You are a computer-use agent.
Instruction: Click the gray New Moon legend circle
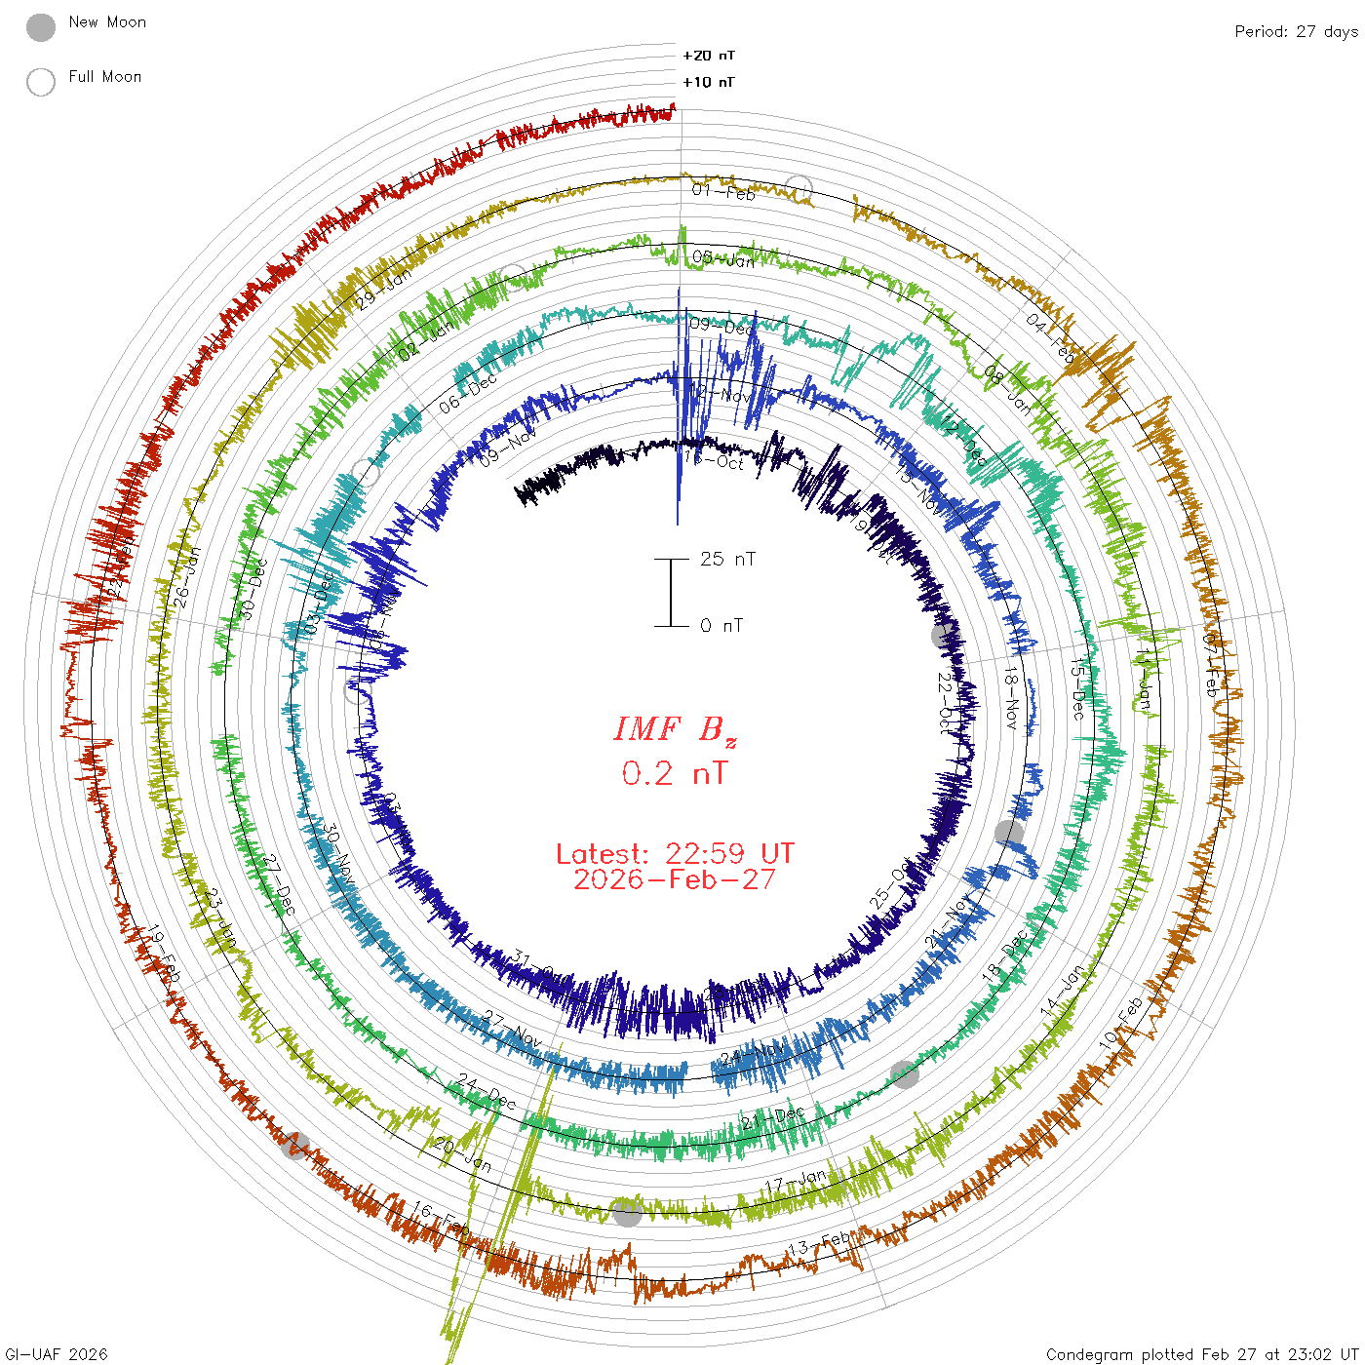(x=41, y=28)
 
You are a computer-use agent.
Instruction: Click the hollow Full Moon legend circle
(x=41, y=83)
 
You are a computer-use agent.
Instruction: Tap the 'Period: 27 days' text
(x=1296, y=32)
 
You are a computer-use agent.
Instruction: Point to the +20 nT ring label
(x=709, y=56)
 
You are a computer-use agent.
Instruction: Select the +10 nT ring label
(x=709, y=82)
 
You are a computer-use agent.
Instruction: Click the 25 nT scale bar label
(x=727, y=559)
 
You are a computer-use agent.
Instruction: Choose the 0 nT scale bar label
(x=721, y=626)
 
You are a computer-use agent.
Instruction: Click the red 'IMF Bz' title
(x=675, y=729)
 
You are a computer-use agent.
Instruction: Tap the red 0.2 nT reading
(x=675, y=774)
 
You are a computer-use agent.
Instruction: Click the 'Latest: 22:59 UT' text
(x=675, y=854)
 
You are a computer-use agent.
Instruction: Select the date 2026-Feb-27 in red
(x=675, y=879)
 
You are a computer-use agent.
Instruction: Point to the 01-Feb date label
(x=723, y=191)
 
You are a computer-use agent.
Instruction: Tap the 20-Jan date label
(x=463, y=1154)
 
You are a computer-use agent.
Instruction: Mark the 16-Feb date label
(x=440, y=1218)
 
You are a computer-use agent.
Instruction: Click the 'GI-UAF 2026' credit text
(x=57, y=1354)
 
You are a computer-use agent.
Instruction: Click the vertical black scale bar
(x=671, y=593)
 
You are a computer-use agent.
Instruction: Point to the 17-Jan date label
(x=796, y=1182)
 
